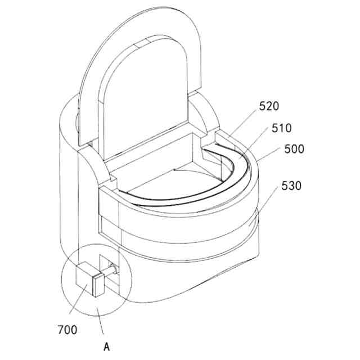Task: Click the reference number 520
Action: click(x=269, y=106)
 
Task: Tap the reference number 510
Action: click(x=281, y=128)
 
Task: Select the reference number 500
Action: click(x=294, y=149)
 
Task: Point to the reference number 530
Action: click(x=291, y=186)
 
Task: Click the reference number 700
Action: click(x=67, y=330)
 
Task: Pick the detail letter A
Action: click(x=106, y=346)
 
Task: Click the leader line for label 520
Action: click(x=243, y=123)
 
